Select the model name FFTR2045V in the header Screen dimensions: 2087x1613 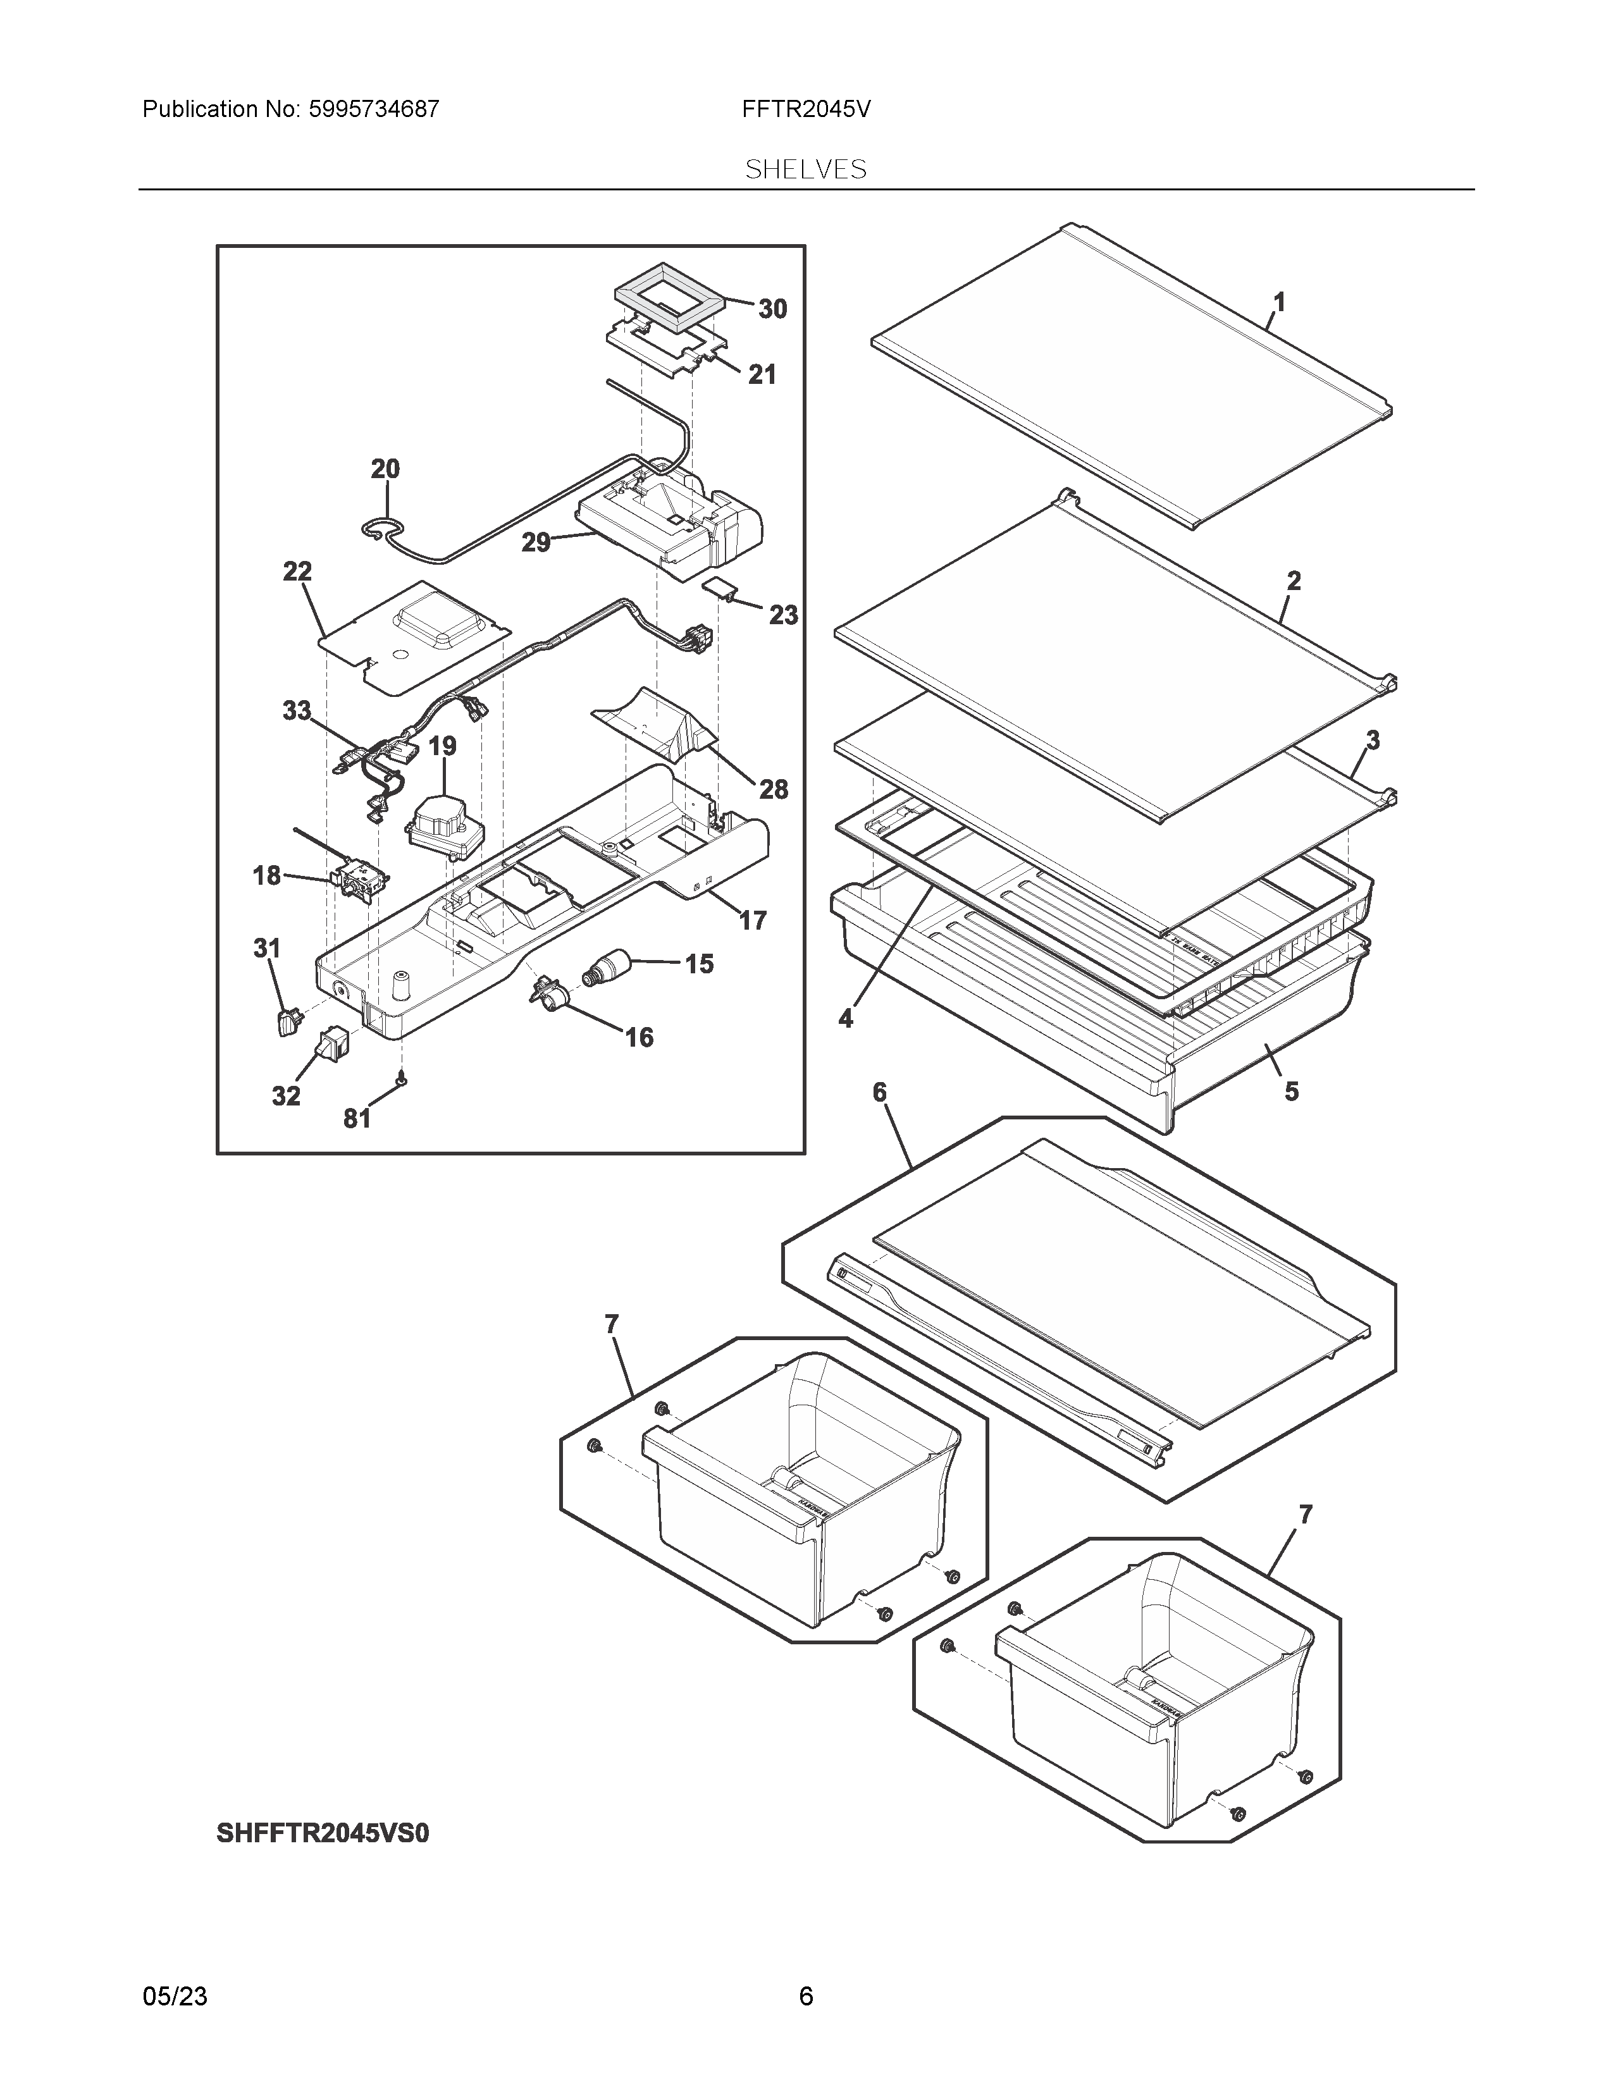(x=805, y=109)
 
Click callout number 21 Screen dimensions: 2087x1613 (x=762, y=374)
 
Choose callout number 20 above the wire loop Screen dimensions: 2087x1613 (x=385, y=469)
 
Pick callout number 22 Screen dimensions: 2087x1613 (x=297, y=572)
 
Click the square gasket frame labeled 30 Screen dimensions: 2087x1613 (x=669, y=301)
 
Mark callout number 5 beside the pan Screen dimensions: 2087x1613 (x=1291, y=1092)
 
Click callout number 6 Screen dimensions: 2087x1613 (x=879, y=1092)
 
